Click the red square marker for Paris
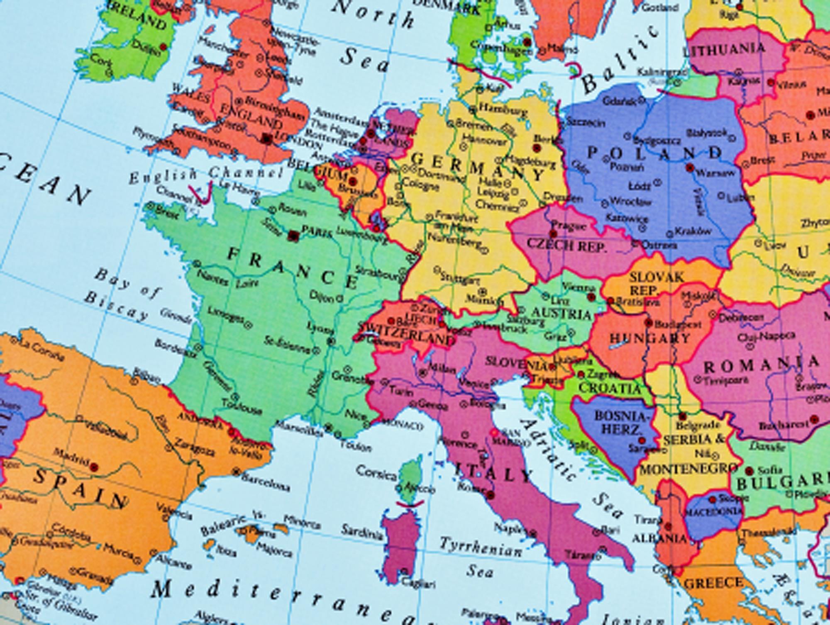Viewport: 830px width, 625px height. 293,236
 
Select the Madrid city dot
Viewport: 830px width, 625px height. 94,467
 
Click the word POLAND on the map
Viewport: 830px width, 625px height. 655,153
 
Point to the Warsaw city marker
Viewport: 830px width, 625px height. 690,168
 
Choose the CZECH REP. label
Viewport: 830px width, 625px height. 566,245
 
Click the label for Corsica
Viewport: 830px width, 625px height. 376,472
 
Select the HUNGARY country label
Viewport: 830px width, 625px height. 650,338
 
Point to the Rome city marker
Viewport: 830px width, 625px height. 491,495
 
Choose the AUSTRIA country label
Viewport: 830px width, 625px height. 561,314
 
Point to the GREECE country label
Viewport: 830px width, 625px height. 713,584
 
